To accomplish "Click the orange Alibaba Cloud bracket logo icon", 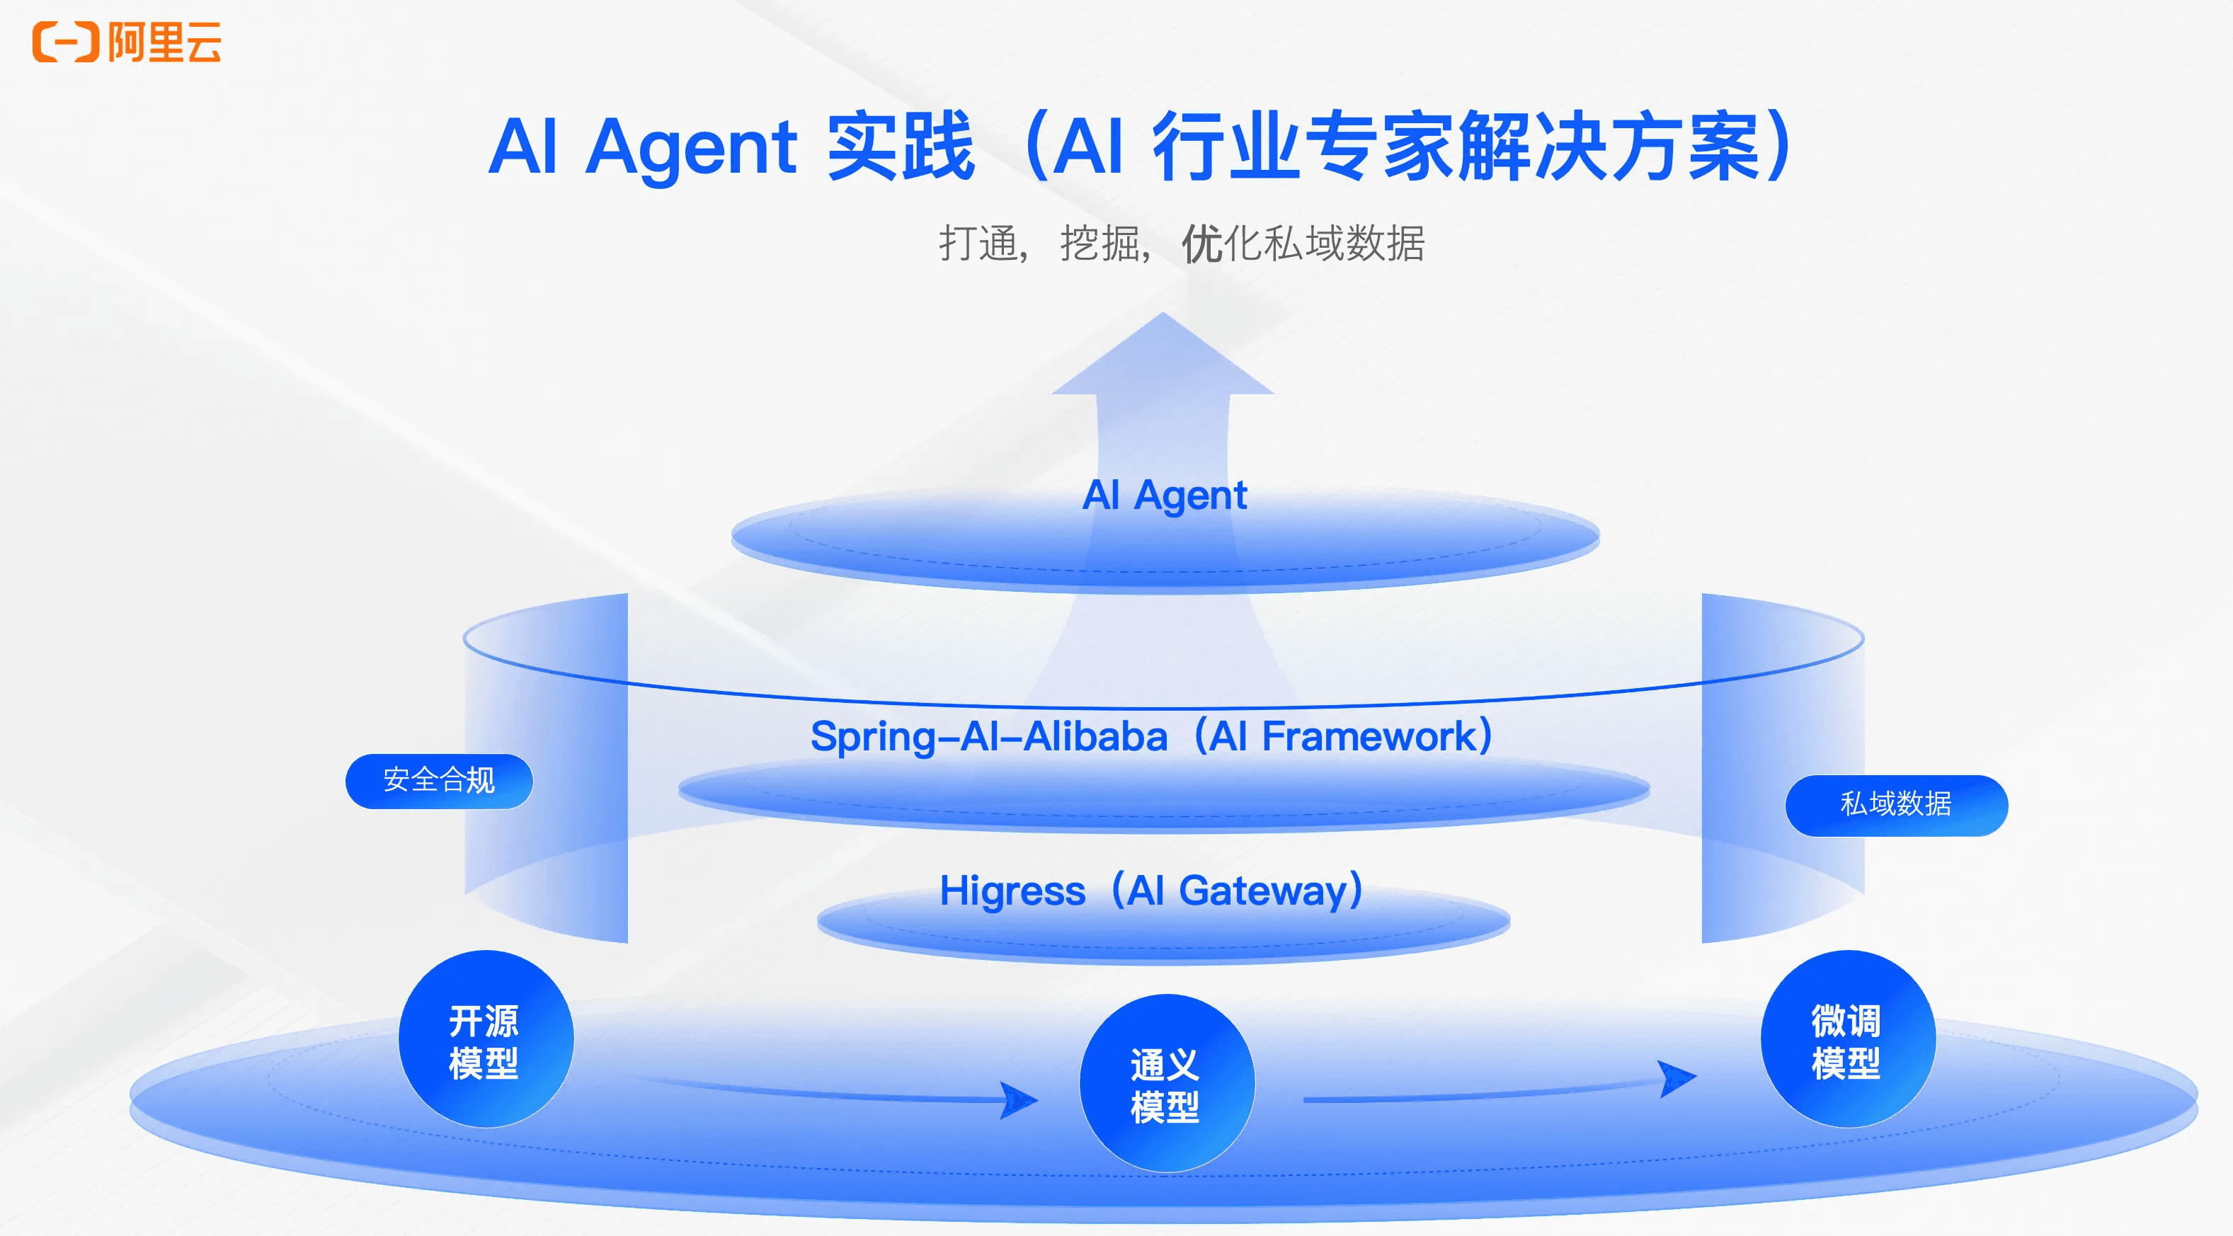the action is [66, 42].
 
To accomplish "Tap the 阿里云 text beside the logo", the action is [165, 42].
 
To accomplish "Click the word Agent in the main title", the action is [691, 148].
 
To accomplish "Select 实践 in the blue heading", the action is [901, 147].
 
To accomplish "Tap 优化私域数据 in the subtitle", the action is [1303, 243].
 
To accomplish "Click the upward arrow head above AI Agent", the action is [1163, 354].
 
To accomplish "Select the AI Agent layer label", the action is [1164, 496].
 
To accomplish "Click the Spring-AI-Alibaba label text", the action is [989, 737].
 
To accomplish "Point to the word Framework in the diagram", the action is [1369, 737].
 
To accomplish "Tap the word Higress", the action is [1012, 891].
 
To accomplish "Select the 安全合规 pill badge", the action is [439, 781].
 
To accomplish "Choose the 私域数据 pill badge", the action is [1897, 804].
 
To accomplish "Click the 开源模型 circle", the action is [486, 1038].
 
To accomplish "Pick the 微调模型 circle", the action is [1848, 1038].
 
